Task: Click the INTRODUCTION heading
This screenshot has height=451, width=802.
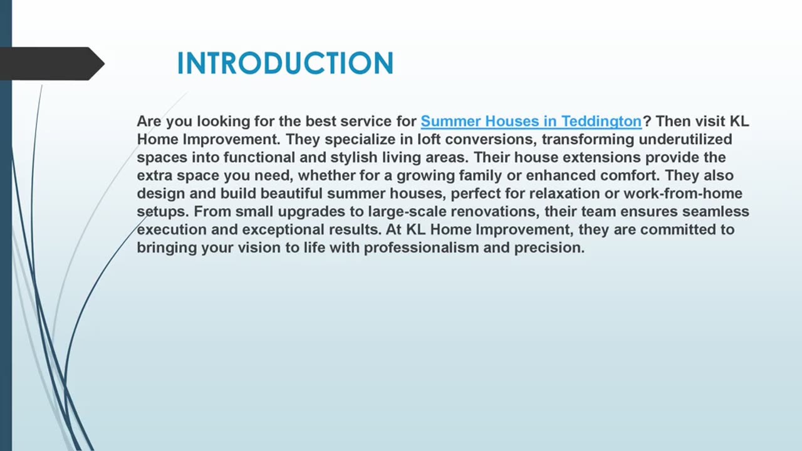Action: (x=285, y=63)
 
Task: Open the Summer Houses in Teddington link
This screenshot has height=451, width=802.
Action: (x=531, y=121)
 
